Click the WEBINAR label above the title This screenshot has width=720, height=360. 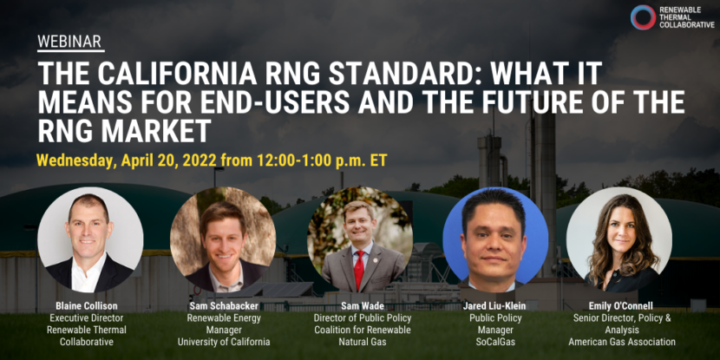[x=70, y=42]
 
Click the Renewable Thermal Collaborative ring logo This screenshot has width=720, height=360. [x=643, y=17]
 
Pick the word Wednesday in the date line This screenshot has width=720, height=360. [x=79, y=161]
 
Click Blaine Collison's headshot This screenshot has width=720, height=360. [x=90, y=239]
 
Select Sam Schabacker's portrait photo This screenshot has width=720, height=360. [x=223, y=239]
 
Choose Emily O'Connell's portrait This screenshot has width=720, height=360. [x=619, y=239]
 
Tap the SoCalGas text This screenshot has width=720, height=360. [x=495, y=342]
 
